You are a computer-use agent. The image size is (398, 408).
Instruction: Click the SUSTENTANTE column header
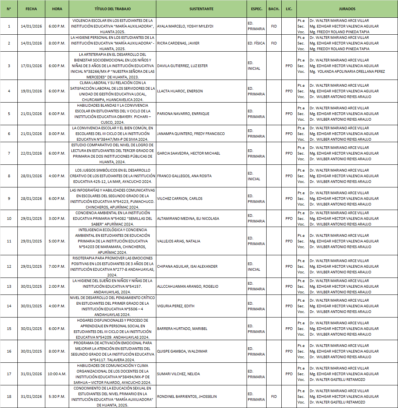coord(201,9)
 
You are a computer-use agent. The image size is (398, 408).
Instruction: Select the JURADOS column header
coord(347,9)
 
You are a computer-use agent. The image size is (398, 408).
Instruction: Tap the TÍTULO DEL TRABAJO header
coord(112,9)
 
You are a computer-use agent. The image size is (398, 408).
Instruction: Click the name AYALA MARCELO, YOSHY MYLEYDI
coord(180,26)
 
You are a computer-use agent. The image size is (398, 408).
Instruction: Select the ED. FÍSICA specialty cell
coord(256,43)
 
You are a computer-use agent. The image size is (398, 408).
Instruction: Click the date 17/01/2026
coord(31,66)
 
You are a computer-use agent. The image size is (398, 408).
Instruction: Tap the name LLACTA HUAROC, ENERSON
coord(174,91)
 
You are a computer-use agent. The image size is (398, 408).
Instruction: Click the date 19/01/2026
coord(31,91)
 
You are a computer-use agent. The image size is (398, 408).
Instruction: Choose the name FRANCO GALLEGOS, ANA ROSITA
coord(179,176)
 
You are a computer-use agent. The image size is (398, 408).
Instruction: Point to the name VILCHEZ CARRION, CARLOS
coord(174,199)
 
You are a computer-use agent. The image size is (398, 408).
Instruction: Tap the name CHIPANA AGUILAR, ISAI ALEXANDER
coord(187,267)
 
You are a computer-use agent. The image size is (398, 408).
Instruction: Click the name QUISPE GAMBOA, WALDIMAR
coord(177,351)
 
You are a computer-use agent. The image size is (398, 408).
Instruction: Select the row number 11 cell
coord(9,241)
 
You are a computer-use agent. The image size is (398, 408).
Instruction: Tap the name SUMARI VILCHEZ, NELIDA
coord(173,374)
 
